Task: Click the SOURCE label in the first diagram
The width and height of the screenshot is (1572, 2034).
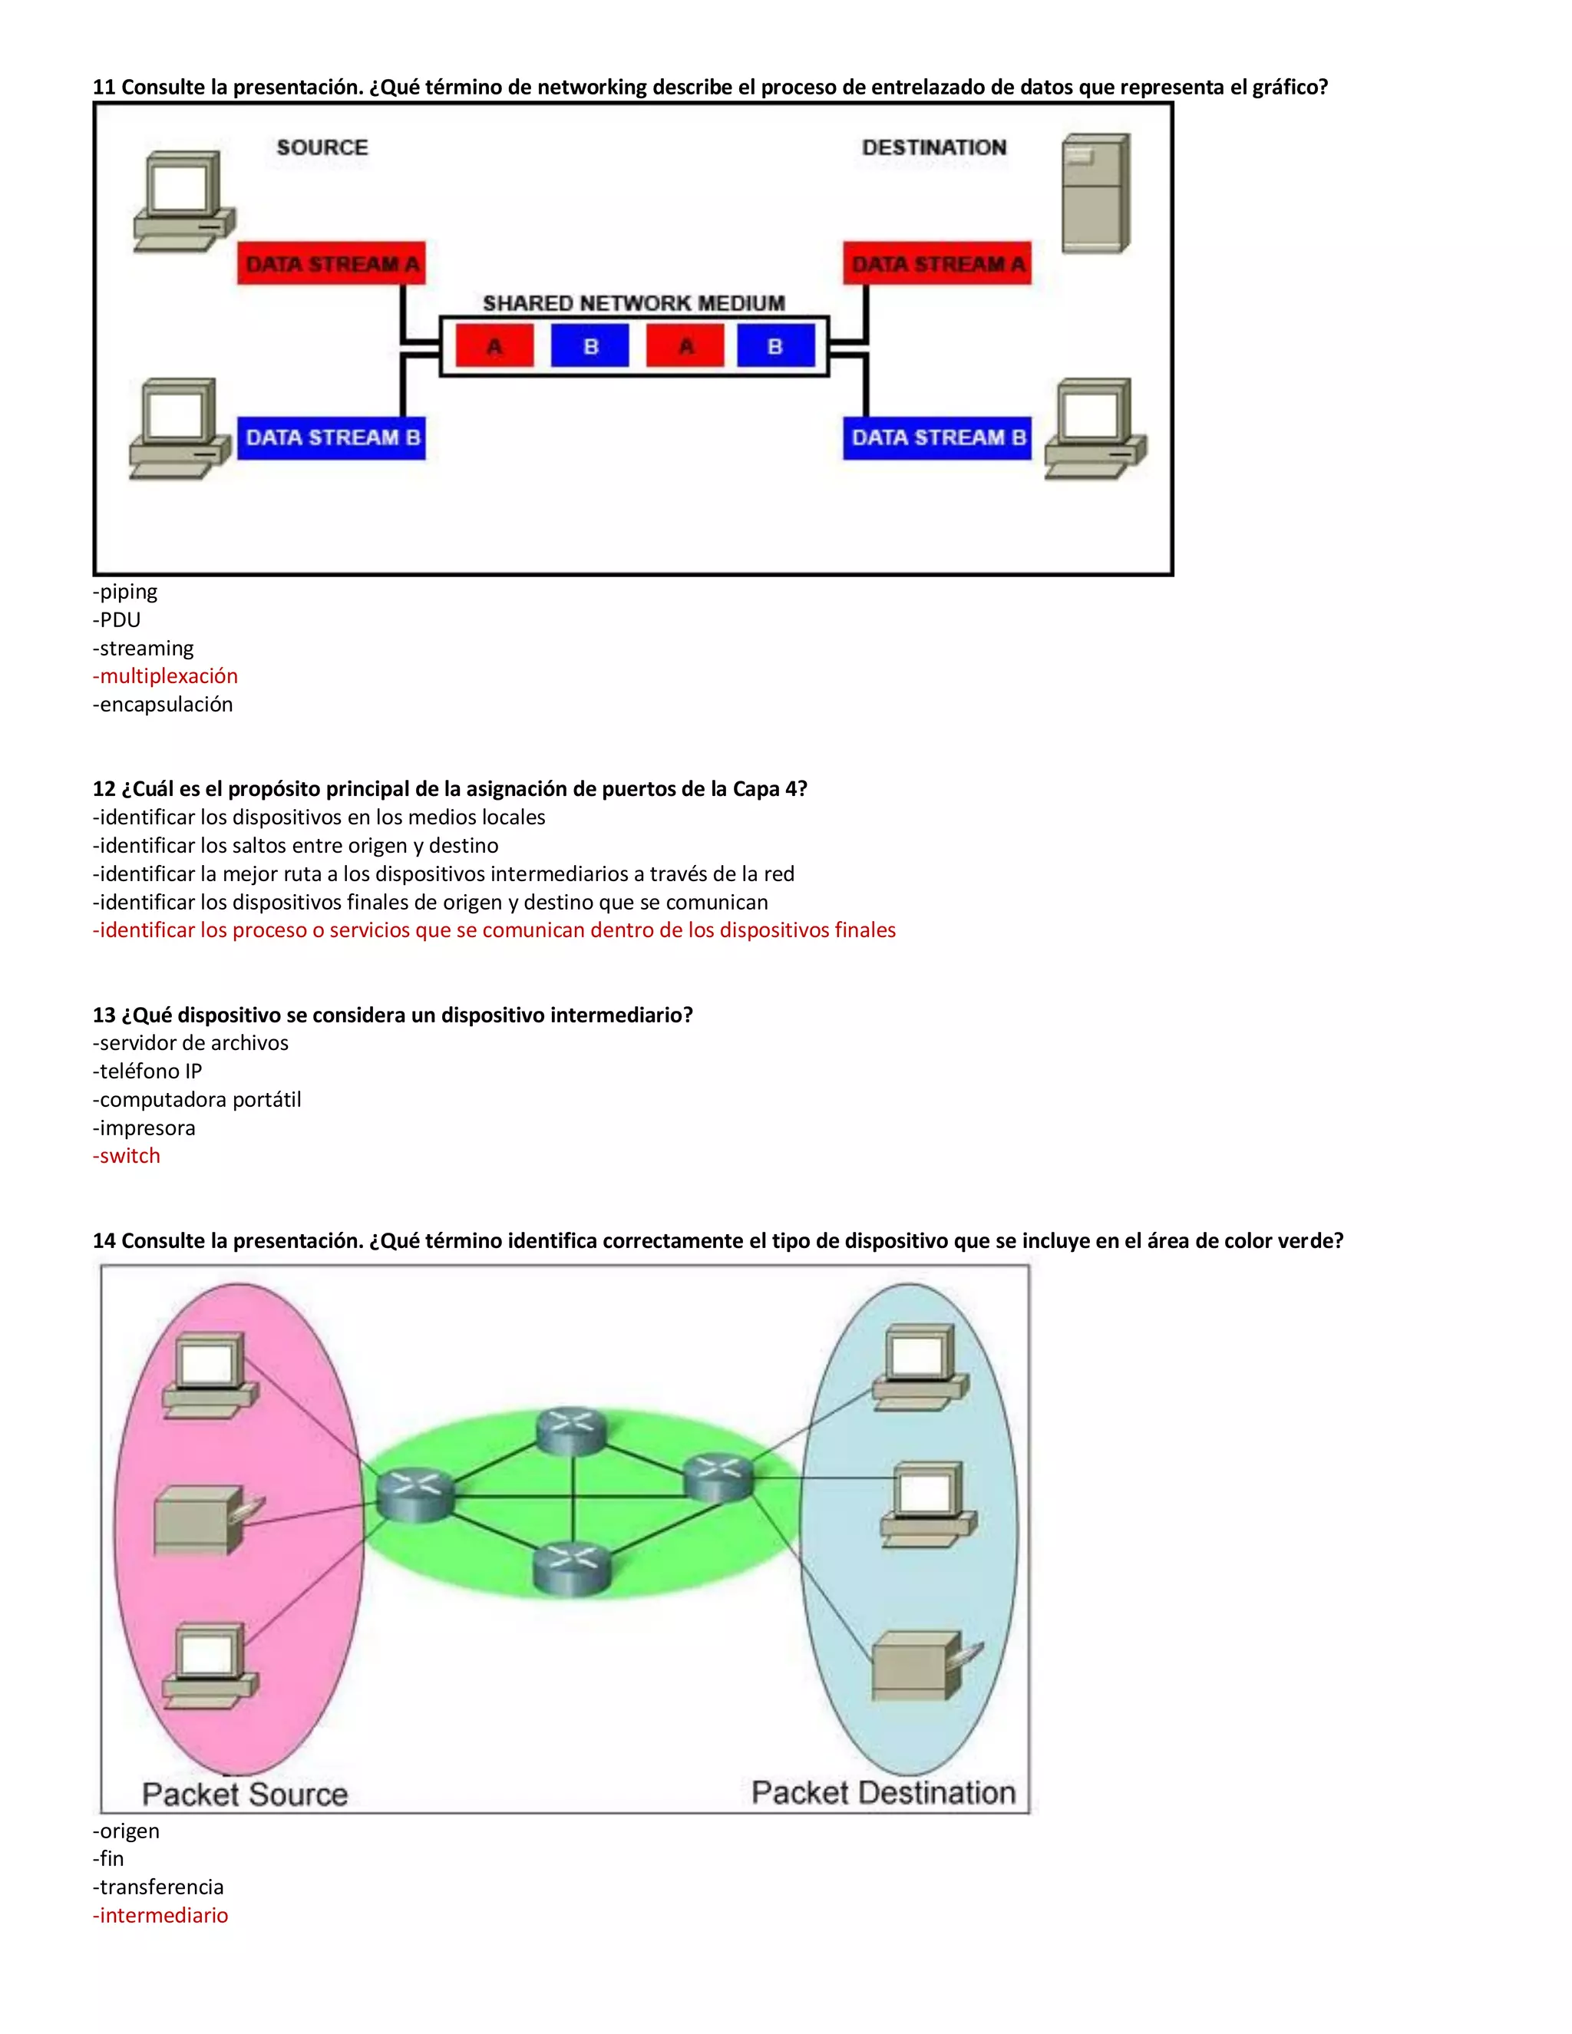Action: click(322, 147)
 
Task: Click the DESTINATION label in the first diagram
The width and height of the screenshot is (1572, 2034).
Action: click(934, 147)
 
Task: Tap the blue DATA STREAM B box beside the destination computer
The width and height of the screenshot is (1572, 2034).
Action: click(938, 438)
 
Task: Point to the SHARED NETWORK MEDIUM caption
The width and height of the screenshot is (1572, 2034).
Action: click(633, 302)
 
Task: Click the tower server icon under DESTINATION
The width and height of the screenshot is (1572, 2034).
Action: click(1096, 193)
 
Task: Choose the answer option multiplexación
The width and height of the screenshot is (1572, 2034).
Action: click(166, 676)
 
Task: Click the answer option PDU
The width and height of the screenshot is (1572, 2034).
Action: click(117, 620)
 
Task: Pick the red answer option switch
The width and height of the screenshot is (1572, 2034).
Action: click(127, 1156)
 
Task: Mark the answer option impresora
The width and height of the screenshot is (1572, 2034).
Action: click(144, 1128)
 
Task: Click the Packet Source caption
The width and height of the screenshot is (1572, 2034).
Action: click(245, 1794)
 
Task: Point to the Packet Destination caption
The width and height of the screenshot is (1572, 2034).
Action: click(883, 1792)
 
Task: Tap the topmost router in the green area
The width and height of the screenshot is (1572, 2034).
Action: click(572, 1430)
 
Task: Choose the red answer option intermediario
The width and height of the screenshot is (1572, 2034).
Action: click(160, 1915)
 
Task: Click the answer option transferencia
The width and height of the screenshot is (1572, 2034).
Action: click(158, 1887)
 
